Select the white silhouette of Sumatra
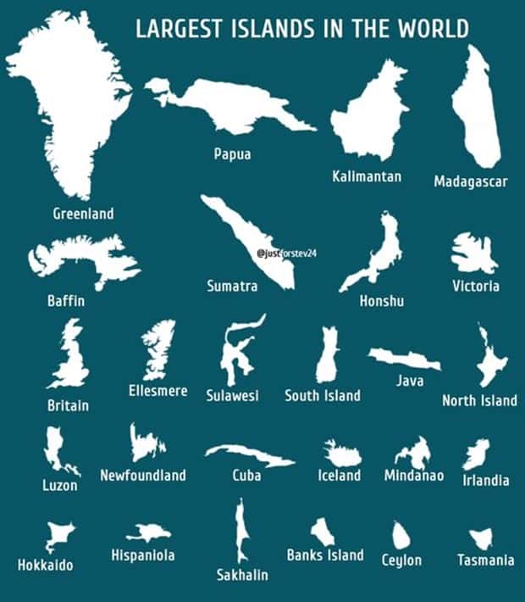pos(246,242)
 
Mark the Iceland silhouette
pos(341,453)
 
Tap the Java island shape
pos(405,359)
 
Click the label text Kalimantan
pos(367,177)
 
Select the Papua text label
pos(232,154)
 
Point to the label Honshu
pos(382,301)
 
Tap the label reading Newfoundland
pos(143,475)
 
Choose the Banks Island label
pos(325,555)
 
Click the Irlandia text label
pos(486,480)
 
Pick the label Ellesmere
pos(158,391)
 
